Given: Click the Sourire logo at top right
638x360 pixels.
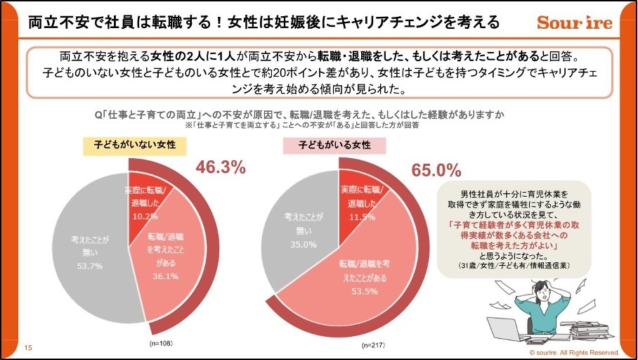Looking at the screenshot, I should click(x=574, y=22).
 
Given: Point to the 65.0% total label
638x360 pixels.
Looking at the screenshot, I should click(x=436, y=170).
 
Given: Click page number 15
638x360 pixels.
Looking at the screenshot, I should click(x=28, y=347).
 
